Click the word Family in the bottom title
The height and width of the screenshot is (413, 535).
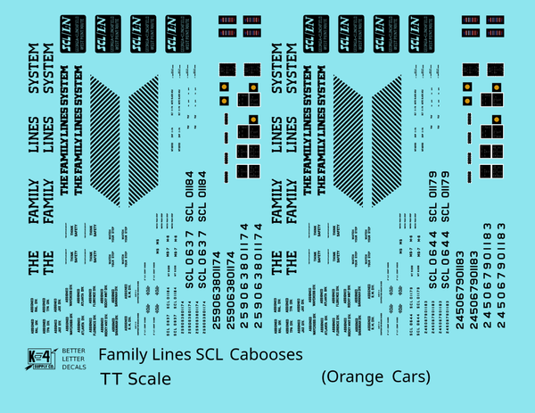tap(123, 355)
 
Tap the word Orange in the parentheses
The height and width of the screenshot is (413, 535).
tap(357, 377)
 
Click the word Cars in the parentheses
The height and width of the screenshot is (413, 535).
tap(409, 377)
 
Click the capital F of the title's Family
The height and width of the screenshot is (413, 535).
tap(103, 355)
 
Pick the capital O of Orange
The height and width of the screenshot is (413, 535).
tap(334, 377)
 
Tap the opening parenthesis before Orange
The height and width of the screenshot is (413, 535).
tap(324, 377)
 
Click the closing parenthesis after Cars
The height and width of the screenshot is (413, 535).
tap(428, 377)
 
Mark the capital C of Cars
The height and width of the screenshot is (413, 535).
tap(397, 377)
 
